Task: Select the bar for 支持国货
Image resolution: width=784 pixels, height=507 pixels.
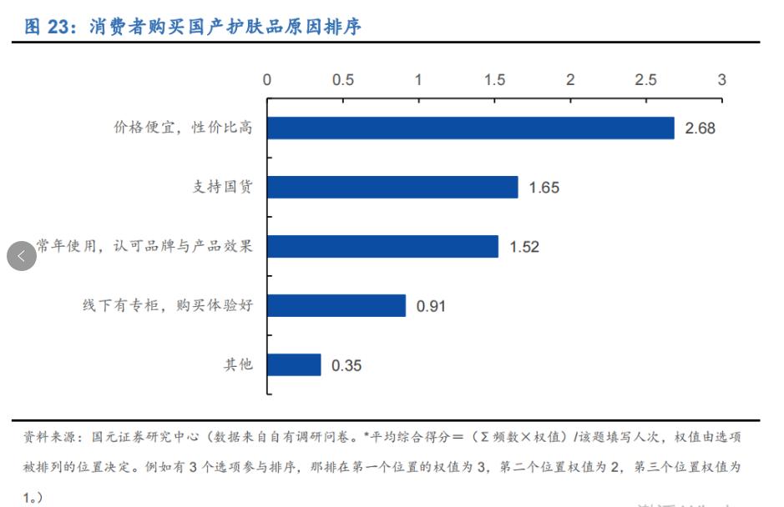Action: (392, 187)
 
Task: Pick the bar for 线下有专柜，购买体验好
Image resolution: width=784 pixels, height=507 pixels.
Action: (336, 305)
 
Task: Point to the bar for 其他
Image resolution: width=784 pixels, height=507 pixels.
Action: (294, 364)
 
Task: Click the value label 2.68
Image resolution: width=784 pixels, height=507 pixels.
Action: (701, 128)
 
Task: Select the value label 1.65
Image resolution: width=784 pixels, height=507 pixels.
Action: (544, 188)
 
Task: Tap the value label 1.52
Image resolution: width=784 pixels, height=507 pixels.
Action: (524, 247)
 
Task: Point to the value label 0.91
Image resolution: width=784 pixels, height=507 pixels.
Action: (432, 306)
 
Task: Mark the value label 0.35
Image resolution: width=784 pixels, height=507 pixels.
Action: (346, 365)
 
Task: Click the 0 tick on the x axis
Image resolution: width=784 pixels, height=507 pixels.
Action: (267, 80)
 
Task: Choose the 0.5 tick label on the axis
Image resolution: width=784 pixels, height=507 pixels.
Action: (342, 80)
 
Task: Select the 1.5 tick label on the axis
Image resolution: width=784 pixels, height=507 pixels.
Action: (494, 80)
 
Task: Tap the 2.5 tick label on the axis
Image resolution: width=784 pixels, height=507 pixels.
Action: (645, 80)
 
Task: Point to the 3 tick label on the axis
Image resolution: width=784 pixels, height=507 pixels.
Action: (722, 80)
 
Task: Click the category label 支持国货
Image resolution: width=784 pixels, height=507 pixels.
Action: (222, 187)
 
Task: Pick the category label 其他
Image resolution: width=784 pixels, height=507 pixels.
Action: (237, 364)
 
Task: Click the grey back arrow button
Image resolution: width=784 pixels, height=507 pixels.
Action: (22, 256)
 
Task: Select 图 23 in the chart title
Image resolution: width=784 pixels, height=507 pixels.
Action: (46, 27)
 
